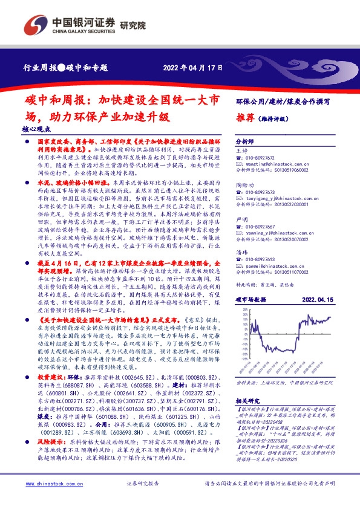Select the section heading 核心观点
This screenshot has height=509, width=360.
[33, 129]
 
